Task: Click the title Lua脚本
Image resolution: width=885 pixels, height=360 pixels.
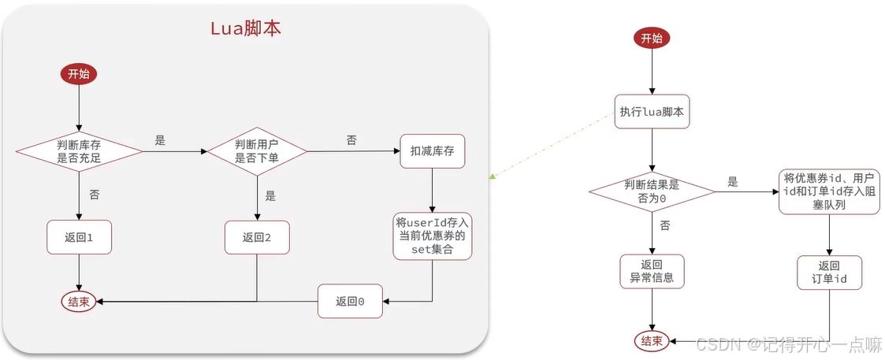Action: click(x=245, y=28)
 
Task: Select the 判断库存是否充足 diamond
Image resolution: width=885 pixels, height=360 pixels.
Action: click(x=80, y=150)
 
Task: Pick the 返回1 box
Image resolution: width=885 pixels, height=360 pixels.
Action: click(x=80, y=236)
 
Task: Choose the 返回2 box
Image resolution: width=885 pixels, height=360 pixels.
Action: click(x=258, y=236)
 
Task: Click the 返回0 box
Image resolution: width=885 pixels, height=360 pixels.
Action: click(x=350, y=301)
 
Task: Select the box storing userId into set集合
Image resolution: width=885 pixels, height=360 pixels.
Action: click(x=433, y=236)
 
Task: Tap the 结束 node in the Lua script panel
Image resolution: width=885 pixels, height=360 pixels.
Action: click(x=80, y=301)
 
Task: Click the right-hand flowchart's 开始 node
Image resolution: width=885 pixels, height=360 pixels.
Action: click(x=652, y=38)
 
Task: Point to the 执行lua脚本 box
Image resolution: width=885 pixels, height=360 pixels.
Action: click(x=652, y=113)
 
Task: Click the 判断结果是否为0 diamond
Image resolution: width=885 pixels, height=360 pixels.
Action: click(x=652, y=191)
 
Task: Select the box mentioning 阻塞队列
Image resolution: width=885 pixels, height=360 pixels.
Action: click(x=829, y=191)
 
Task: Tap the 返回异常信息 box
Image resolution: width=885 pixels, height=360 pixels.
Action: click(x=652, y=272)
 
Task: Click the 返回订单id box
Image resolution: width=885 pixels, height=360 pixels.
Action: click(x=829, y=273)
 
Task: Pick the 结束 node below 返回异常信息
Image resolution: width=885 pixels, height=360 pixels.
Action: click(x=652, y=341)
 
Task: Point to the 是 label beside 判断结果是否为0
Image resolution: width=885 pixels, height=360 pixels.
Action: click(x=733, y=183)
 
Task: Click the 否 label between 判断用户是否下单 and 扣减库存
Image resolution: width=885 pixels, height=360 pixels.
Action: click(x=351, y=140)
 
